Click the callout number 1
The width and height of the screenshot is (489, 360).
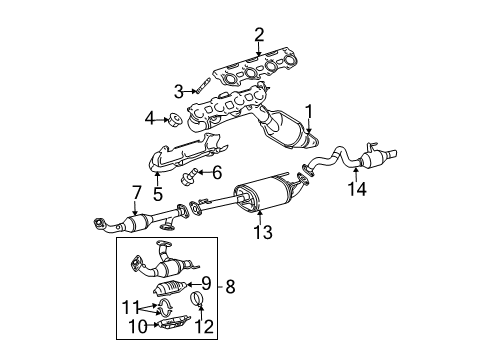[x=310, y=112]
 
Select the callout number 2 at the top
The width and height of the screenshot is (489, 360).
[x=259, y=37]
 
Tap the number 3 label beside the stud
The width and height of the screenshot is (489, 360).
[x=179, y=92]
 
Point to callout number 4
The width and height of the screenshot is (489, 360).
[x=150, y=120]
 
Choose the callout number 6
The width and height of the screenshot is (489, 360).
[x=215, y=171]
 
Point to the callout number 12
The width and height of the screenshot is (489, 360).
[x=207, y=326]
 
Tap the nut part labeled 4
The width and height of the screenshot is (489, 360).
[x=172, y=122]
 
